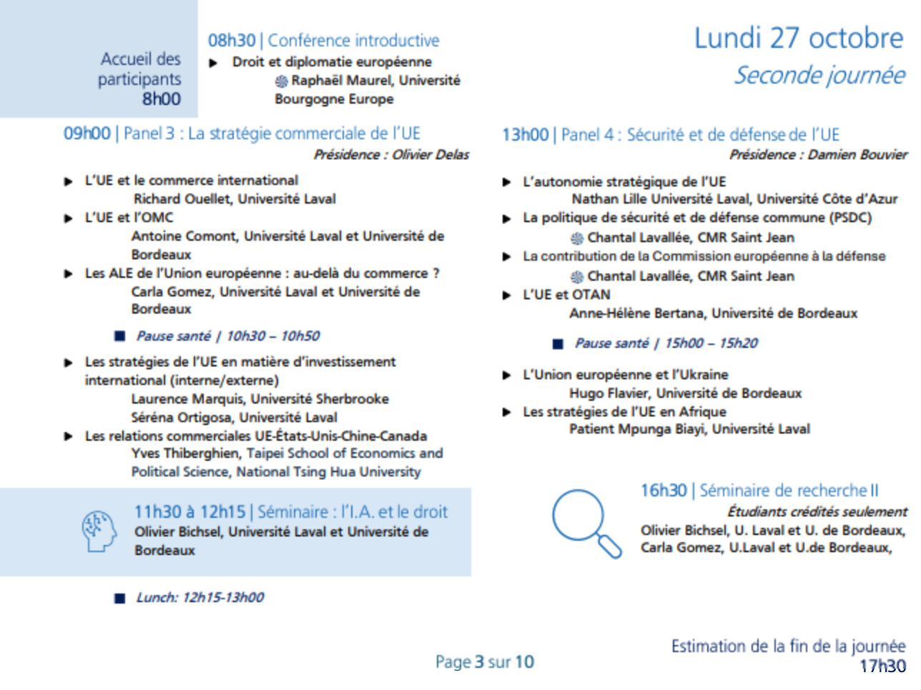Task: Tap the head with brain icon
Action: [x=99, y=531]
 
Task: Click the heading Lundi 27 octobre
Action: [x=798, y=38]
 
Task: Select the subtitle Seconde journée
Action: [x=819, y=75]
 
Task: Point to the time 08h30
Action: [x=231, y=41]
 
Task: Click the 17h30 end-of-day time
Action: [x=882, y=666]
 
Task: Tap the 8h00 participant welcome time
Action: [x=161, y=99]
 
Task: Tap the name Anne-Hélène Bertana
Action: [x=637, y=314]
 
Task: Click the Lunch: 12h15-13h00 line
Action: [x=200, y=598]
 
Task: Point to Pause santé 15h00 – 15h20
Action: [x=666, y=344]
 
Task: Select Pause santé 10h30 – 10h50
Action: [x=227, y=336]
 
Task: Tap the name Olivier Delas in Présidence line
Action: [x=431, y=154]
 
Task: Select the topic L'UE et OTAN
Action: [x=566, y=295]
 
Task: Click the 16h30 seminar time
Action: [x=663, y=491]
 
